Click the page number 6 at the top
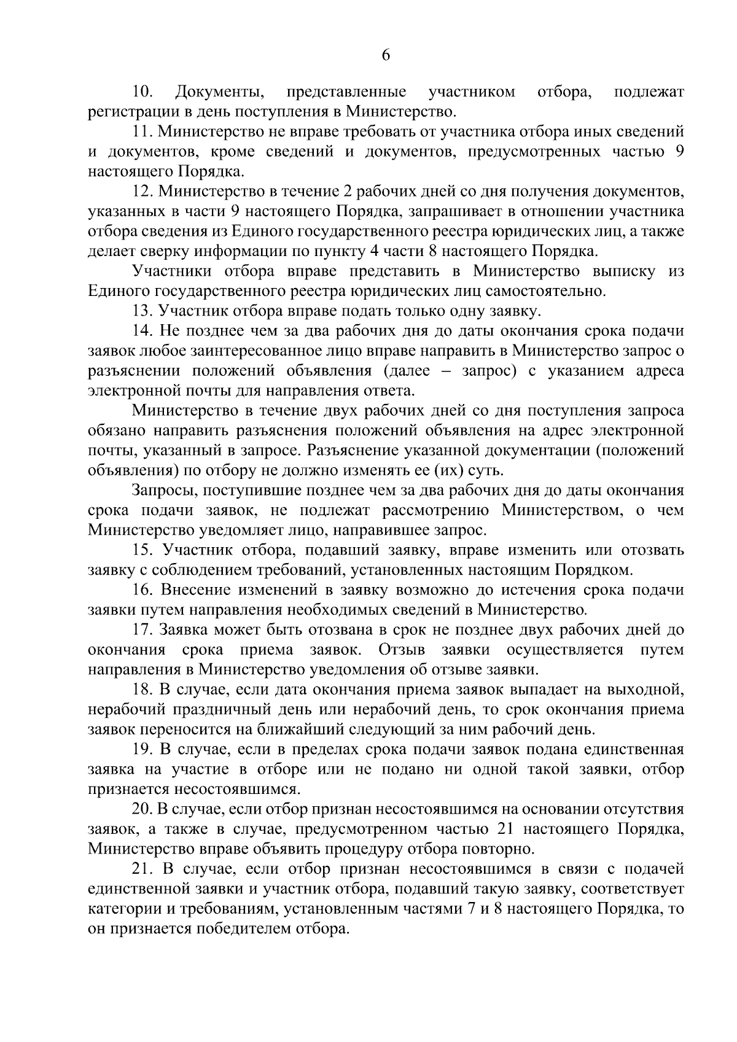point(386,55)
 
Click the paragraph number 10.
point(142,92)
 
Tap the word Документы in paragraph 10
point(219,92)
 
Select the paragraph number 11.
point(143,131)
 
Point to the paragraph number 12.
point(143,191)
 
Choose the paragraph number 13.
point(143,311)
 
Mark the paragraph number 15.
point(143,550)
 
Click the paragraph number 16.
point(143,589)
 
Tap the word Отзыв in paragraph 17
point(401,650)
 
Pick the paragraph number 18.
point(143,690)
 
